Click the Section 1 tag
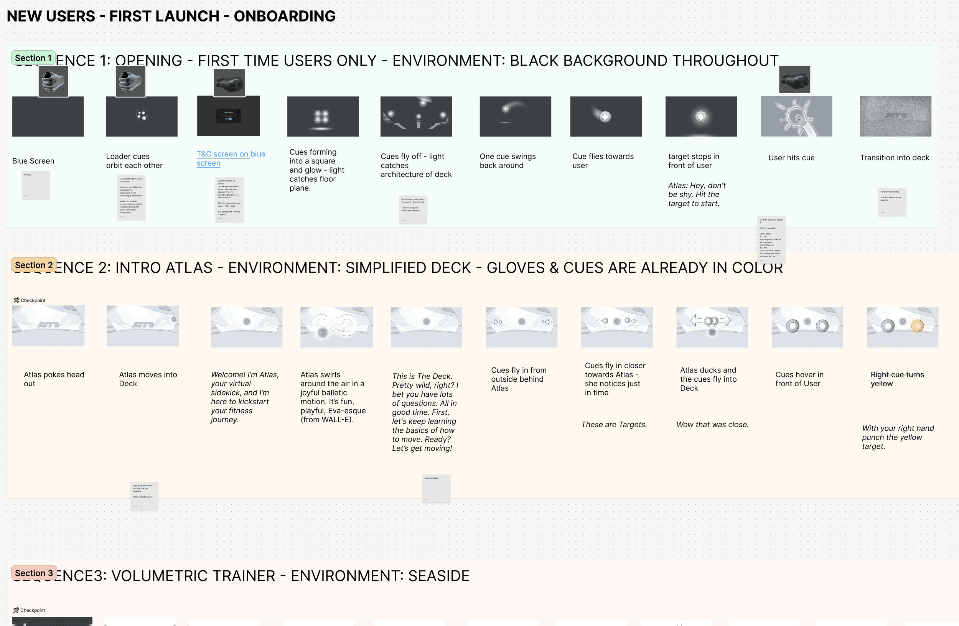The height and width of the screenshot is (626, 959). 33,58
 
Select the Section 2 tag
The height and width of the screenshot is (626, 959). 34,265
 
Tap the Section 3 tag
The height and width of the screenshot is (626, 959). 34,573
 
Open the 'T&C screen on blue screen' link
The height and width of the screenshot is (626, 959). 231,158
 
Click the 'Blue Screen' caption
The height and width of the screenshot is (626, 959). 33,161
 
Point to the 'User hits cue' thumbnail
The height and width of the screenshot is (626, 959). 796,117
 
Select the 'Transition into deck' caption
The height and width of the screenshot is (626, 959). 894,158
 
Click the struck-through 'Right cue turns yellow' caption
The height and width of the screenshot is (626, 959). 897,379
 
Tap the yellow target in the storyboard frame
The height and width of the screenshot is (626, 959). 917,326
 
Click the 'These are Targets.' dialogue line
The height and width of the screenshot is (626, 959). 614,424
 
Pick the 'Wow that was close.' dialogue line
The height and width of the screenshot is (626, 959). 712,424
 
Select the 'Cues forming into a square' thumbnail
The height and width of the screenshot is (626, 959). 323,117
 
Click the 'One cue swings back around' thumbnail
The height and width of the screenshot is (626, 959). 515,117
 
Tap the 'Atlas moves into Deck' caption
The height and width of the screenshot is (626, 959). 148,379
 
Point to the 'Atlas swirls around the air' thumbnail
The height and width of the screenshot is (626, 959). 336,327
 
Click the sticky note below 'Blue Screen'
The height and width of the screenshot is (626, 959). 36,185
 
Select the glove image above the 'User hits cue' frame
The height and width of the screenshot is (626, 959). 794,79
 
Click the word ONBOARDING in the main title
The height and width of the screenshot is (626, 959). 285,16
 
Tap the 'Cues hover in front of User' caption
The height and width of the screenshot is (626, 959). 799,379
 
